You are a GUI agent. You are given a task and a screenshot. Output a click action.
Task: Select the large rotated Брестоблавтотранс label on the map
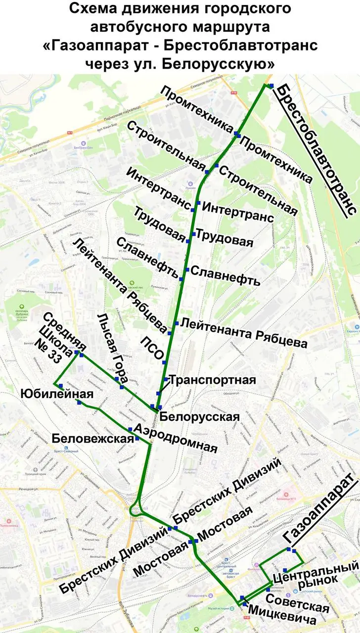coord(316,148)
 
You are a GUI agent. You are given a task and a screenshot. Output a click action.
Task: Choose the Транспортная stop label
coord(213,380)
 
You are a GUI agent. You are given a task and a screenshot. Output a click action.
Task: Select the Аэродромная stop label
coord(176,438)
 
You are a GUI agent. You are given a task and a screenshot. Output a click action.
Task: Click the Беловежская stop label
coord(92,438)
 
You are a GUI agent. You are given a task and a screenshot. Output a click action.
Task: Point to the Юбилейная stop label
coord(57,394)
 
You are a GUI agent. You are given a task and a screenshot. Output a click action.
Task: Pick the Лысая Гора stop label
coord(114,350)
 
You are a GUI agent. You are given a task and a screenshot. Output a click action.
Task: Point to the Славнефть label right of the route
coord(225,276)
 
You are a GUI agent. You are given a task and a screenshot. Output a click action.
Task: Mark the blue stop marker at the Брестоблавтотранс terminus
coord(271,86)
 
